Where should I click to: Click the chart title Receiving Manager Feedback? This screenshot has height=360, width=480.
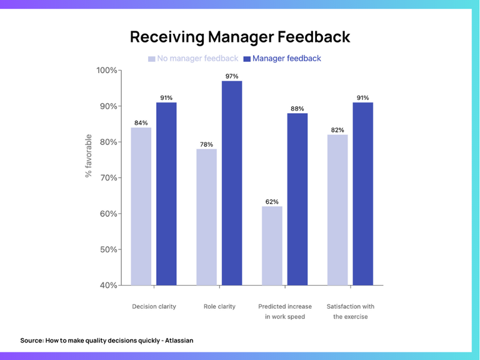point(240,37)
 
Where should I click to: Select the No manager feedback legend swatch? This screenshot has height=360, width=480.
point(152,59)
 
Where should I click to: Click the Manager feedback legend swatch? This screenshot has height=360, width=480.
point(247,59)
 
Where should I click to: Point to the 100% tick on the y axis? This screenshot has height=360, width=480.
point(107,70)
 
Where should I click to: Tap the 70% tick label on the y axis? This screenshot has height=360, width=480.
point(107,178)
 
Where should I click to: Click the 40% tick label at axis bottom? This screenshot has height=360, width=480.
point(107,286)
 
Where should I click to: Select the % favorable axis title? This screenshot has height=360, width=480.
point(89,156)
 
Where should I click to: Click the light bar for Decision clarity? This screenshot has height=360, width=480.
point(141,206)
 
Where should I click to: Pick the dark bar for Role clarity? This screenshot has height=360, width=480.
point(232,183)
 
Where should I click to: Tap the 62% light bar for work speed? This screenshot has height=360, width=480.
point(272,246)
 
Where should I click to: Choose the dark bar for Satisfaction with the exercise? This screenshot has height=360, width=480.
point(362,194)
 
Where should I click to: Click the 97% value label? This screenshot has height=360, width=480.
point(232,76)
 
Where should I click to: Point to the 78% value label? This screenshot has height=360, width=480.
point(206,144)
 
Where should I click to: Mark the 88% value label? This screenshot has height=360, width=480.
point(297,109)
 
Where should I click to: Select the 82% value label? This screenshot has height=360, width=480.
point(337,130)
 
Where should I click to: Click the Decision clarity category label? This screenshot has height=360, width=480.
point(154,307)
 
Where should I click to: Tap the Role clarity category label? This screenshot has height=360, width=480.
point(219,307)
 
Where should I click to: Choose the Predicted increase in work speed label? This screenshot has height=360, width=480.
point(285,311)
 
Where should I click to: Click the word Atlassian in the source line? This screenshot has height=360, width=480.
point(176,341)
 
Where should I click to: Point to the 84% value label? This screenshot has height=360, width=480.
point(141,122)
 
